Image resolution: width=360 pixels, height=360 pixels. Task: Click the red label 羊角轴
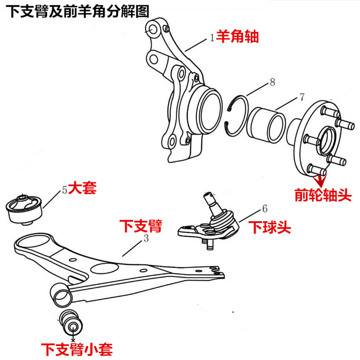click(237, 37)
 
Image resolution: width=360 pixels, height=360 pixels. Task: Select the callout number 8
click(272, 82)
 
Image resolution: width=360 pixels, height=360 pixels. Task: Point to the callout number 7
click(301, 96)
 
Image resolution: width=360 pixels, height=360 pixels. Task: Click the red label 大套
click(82, 188)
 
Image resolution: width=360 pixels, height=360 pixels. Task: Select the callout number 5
click(64, 190)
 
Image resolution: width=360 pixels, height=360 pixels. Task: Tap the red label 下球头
click(270, 227)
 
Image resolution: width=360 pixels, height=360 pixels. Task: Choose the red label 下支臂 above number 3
click(141, 226)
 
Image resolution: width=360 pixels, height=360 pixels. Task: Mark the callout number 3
click(145, 238)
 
